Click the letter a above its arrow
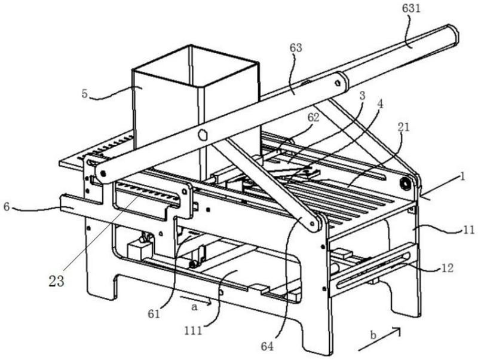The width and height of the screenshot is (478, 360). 195,304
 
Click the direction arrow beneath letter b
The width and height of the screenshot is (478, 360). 377,341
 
